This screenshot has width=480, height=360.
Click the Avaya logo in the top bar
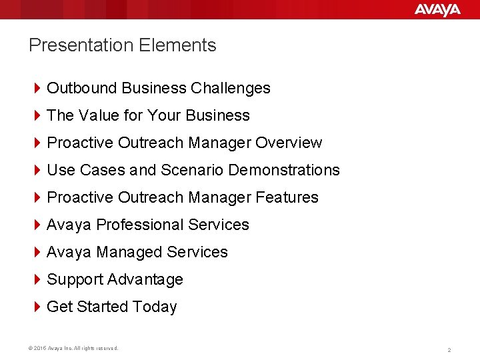437,9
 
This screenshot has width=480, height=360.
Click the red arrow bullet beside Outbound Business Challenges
37,88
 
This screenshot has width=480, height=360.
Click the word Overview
289,143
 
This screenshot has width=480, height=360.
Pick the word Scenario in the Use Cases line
192,170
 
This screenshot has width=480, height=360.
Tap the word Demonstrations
284,170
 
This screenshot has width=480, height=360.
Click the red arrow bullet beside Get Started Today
37,307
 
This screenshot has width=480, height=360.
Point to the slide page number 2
449,349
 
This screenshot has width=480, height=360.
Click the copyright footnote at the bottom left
74,348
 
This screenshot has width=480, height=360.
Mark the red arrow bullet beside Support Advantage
37,279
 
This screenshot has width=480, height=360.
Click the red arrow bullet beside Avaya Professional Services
37,225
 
